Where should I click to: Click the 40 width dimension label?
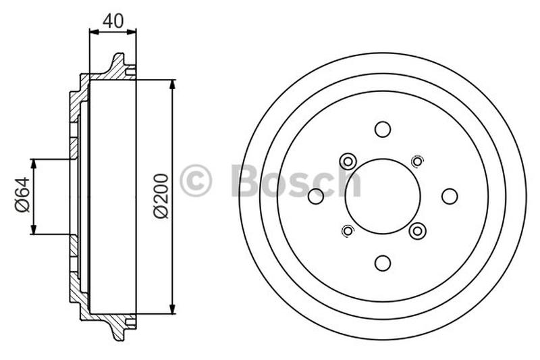pyautogui.click(x=113, y=20)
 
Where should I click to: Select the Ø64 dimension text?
pyautogui.click(x=22, y=197)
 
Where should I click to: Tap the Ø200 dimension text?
pyautogui.click(x=161, y=197)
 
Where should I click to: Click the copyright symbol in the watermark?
pyautogui.click(x=196, y=181)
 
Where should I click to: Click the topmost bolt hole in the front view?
pyautogui.click(x=383, y=129)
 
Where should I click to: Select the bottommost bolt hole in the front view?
pyautogui.click(x=383, y=263)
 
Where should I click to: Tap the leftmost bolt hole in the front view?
pyautogui.click(x=316, y=196)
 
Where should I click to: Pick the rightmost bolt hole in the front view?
pyautogui.click(x=450, y=196)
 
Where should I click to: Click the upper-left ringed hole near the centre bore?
pyautogui.click(x=348, y=161)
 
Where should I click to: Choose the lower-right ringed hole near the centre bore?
pyautogui.click(x=417, y=231)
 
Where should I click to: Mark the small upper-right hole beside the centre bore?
pyautogui.click(x=417, y=161)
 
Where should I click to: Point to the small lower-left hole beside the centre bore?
pyautogui.click(x=348, y=231)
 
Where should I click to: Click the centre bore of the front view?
pyautogui.click(x=383, y=196)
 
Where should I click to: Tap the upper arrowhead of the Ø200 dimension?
pyautogui.click(x=173, y=84)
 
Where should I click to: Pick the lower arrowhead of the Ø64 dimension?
pyautogui.click(x=33, y=230)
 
